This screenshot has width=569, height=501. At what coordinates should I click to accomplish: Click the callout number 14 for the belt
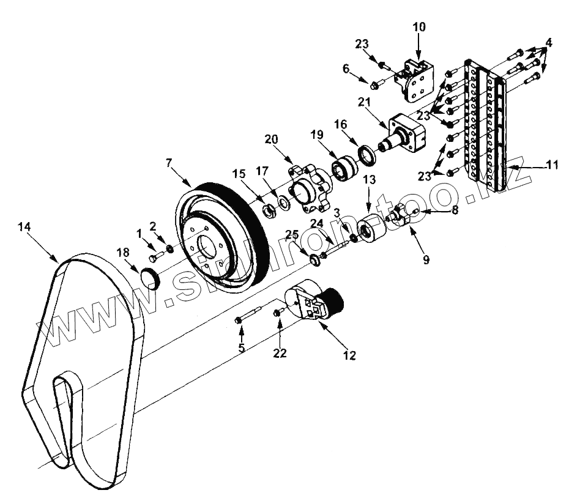point(25,226)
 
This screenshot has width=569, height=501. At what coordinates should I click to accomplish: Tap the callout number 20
point(272,139)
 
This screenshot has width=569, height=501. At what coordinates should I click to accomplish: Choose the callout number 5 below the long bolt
point(242,348)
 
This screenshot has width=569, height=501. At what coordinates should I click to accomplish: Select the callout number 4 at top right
point(549,43)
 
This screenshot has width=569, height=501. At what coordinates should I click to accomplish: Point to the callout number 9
point(426,259)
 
